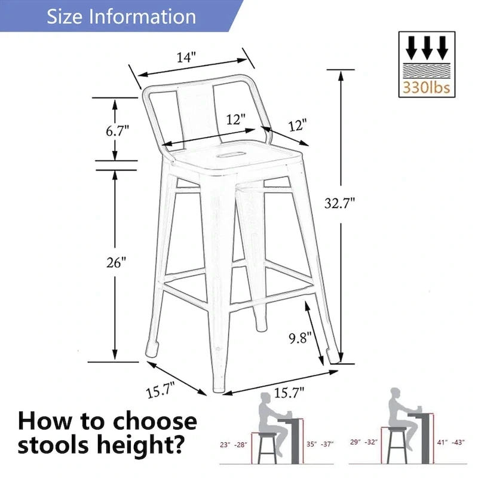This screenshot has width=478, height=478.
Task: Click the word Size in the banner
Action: (66, 16)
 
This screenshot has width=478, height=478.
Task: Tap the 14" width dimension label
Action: (186, 57)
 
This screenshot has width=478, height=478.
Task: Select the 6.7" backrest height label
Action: (118, 131)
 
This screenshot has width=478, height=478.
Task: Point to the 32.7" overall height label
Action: (340, 203)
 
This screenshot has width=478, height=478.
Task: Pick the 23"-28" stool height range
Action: (233, 444)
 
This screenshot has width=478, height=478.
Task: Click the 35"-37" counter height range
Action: (320, 444)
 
